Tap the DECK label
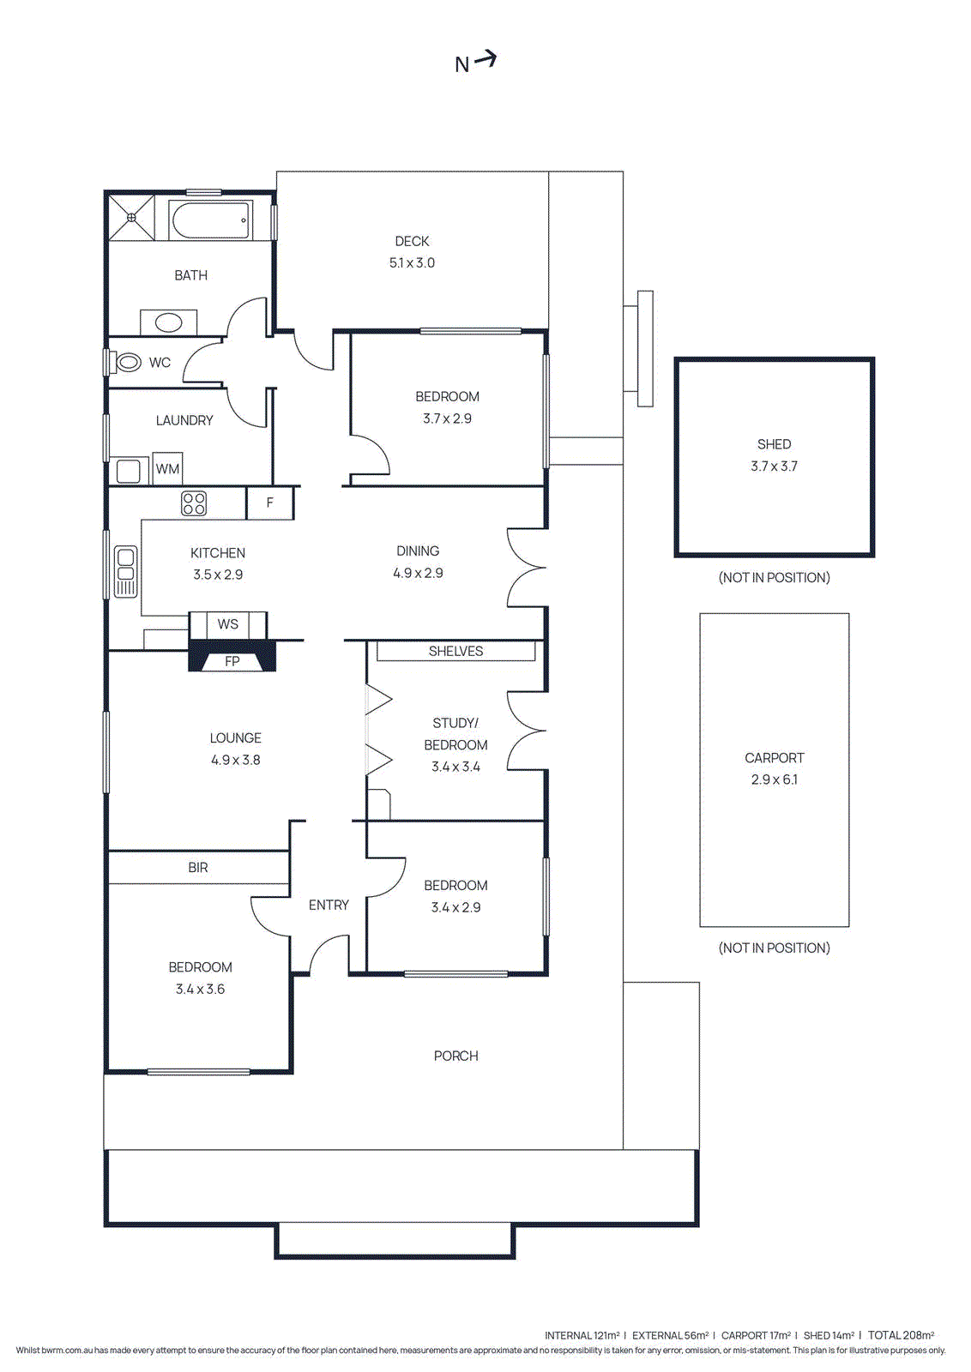(412, 241)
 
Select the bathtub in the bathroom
(210, 220)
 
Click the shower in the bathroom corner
(131, 218)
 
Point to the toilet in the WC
(128, 363)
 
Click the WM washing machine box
(167, 468)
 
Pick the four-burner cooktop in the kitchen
(194, 503)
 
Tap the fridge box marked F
(269, 503)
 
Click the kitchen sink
(126, 571)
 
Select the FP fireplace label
(232, 661)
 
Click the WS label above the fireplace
(227, 624)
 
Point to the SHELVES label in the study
(455, 652)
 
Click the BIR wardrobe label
(198, 868)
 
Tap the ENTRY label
(329, 905)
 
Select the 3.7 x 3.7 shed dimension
(774, 466)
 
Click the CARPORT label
(774, 758)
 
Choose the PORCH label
(455, 1056)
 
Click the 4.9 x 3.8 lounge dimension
(235, 760)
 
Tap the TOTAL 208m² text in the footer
(901, 1335)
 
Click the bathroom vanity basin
(169, 322)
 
